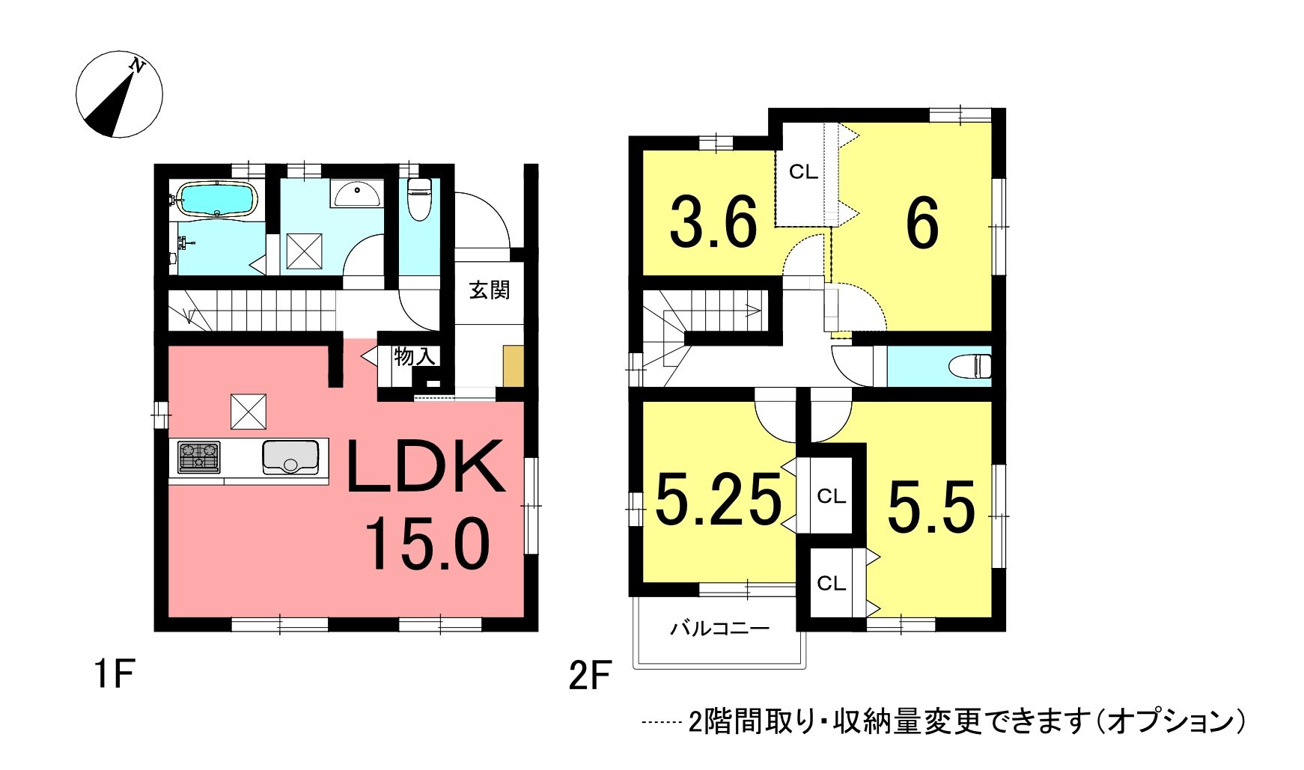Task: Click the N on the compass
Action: [137, 66]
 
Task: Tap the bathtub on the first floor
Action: [216, 200]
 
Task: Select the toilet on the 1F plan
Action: [419, 198]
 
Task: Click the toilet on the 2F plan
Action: [970, 367]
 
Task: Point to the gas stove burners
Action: [199, 457]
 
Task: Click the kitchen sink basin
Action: [290, 457]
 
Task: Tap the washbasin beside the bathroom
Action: [357, 193]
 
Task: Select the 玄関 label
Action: [490, 290]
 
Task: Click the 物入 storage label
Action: [415, 356]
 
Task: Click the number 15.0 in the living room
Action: [427, 544]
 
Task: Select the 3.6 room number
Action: [713, 222]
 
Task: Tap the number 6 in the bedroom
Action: [922, 224]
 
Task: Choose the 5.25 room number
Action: [718, 500]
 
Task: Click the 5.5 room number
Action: [931, 507]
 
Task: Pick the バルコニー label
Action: [719, 628]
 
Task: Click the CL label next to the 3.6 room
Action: [803, 172]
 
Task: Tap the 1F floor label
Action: [115, 675]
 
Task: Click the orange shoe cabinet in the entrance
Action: [513, 366]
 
